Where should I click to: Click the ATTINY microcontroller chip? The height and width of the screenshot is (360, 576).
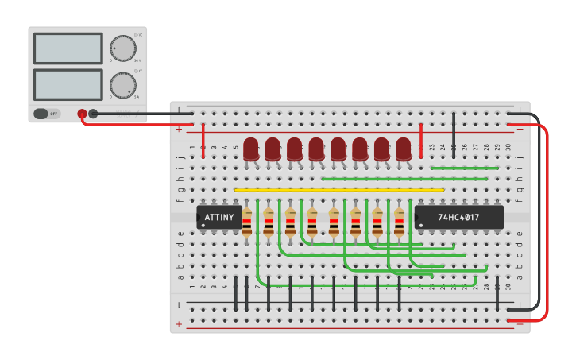(219, 217)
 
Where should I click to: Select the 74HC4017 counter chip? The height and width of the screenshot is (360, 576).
(458, 217)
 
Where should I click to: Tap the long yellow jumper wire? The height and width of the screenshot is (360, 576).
(339, 190)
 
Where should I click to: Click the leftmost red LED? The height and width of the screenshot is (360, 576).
(251, 149)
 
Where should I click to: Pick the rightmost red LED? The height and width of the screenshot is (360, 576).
(404, 149)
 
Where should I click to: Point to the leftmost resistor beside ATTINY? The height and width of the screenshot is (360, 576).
(247, 223)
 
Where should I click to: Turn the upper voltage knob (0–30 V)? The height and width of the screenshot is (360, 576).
(122, 48)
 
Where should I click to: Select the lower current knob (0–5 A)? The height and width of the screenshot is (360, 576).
(122, 85)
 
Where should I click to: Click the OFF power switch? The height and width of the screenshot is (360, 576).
(48, 114)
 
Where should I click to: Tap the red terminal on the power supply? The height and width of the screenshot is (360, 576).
(82, 114)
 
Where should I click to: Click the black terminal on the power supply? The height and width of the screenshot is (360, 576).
(93, 114)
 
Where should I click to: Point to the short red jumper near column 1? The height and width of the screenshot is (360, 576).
(203, 141)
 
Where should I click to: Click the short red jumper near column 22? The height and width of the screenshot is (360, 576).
(421, 141)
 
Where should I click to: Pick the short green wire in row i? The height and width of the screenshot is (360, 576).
(464, 168)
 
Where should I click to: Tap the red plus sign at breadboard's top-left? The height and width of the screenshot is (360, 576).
(179, 129)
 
